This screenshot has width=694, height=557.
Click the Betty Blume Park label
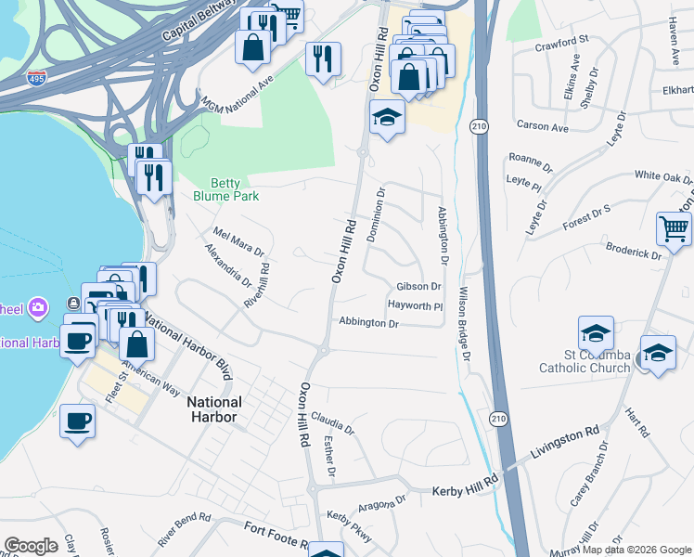click(x=225, y=189)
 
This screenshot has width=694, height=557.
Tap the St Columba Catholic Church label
click(x=585, y=361)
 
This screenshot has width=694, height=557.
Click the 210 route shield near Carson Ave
click(x=480, y=125)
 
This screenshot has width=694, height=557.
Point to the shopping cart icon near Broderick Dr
click(x=674, y=228)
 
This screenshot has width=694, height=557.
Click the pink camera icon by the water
click(x=38, y=306)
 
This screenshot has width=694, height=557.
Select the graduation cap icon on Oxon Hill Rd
click(x=386, y=118)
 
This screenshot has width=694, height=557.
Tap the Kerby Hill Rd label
click(x=466, y=488)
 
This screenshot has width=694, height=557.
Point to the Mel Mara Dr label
click(x=239, y=243)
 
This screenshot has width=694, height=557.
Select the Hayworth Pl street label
click(x=415, y=304)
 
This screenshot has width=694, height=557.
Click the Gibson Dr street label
click(x=418, y=287)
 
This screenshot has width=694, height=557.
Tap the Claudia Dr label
click(x=333, y=422)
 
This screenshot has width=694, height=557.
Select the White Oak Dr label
click(x=663, y=176)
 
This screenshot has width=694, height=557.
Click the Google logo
click(x=32, y=545)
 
